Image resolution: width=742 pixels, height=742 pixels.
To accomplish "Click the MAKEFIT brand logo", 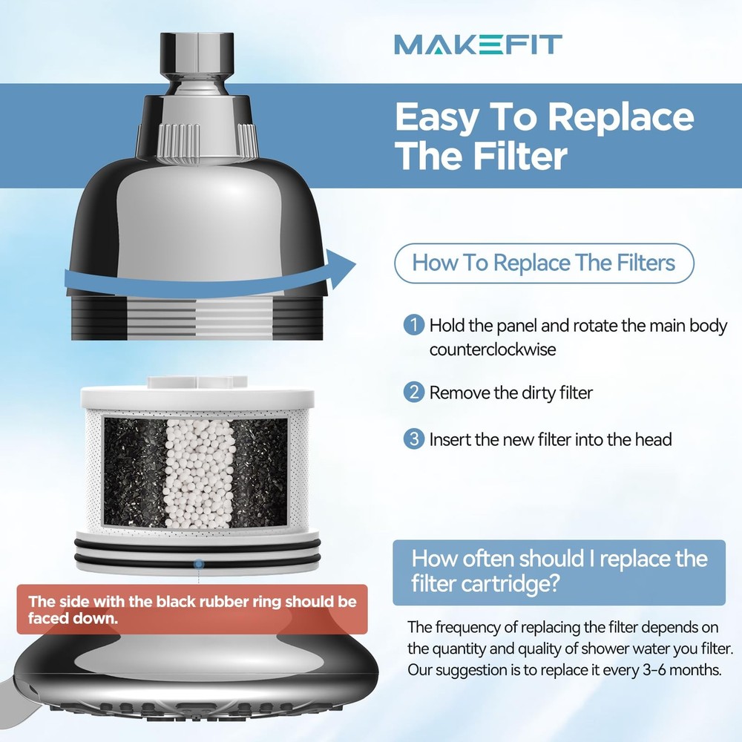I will click(x=477, y=44).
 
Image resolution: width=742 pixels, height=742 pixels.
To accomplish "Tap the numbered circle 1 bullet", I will click(x=414, y=326).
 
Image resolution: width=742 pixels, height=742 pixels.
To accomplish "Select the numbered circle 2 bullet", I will click(x=414, y=392).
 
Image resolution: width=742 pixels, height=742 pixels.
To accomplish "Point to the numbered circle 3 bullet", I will click(x=414, y=439).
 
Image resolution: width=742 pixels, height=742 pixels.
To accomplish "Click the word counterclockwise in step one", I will click(x=492, y=349).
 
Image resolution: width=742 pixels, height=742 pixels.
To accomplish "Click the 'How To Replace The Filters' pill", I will click(x=543, y=263).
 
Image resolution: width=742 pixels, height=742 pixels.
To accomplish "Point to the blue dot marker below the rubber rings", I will click(x=198, y=565).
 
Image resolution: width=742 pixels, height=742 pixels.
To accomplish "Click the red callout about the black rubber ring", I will click(x=191, y=609).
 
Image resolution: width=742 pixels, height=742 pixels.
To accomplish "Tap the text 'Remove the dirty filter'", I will click(x=511, y=393).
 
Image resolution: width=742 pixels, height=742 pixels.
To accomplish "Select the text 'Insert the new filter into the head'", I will click(x=550, y=439).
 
